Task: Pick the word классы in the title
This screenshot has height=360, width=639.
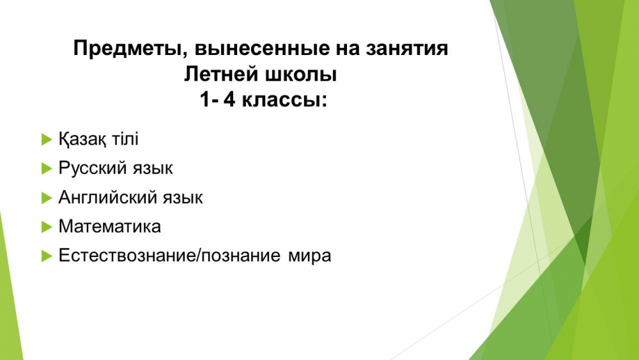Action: click(284, 100)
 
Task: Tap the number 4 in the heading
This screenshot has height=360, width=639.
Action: click(229, 100)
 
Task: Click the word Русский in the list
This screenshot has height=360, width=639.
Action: click(87, 168)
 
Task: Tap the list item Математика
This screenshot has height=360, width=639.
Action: click(110, 227)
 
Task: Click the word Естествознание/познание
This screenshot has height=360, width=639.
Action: click(169, 256)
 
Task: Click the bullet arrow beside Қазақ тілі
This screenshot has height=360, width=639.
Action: click(47, 139)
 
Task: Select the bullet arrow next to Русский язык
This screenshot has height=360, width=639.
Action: click(47, 168)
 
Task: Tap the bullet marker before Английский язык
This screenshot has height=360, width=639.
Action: click(47, 198)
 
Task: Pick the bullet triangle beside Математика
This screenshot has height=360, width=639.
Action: click(47, 227)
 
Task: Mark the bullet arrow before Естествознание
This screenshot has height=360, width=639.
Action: click(47, 256)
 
